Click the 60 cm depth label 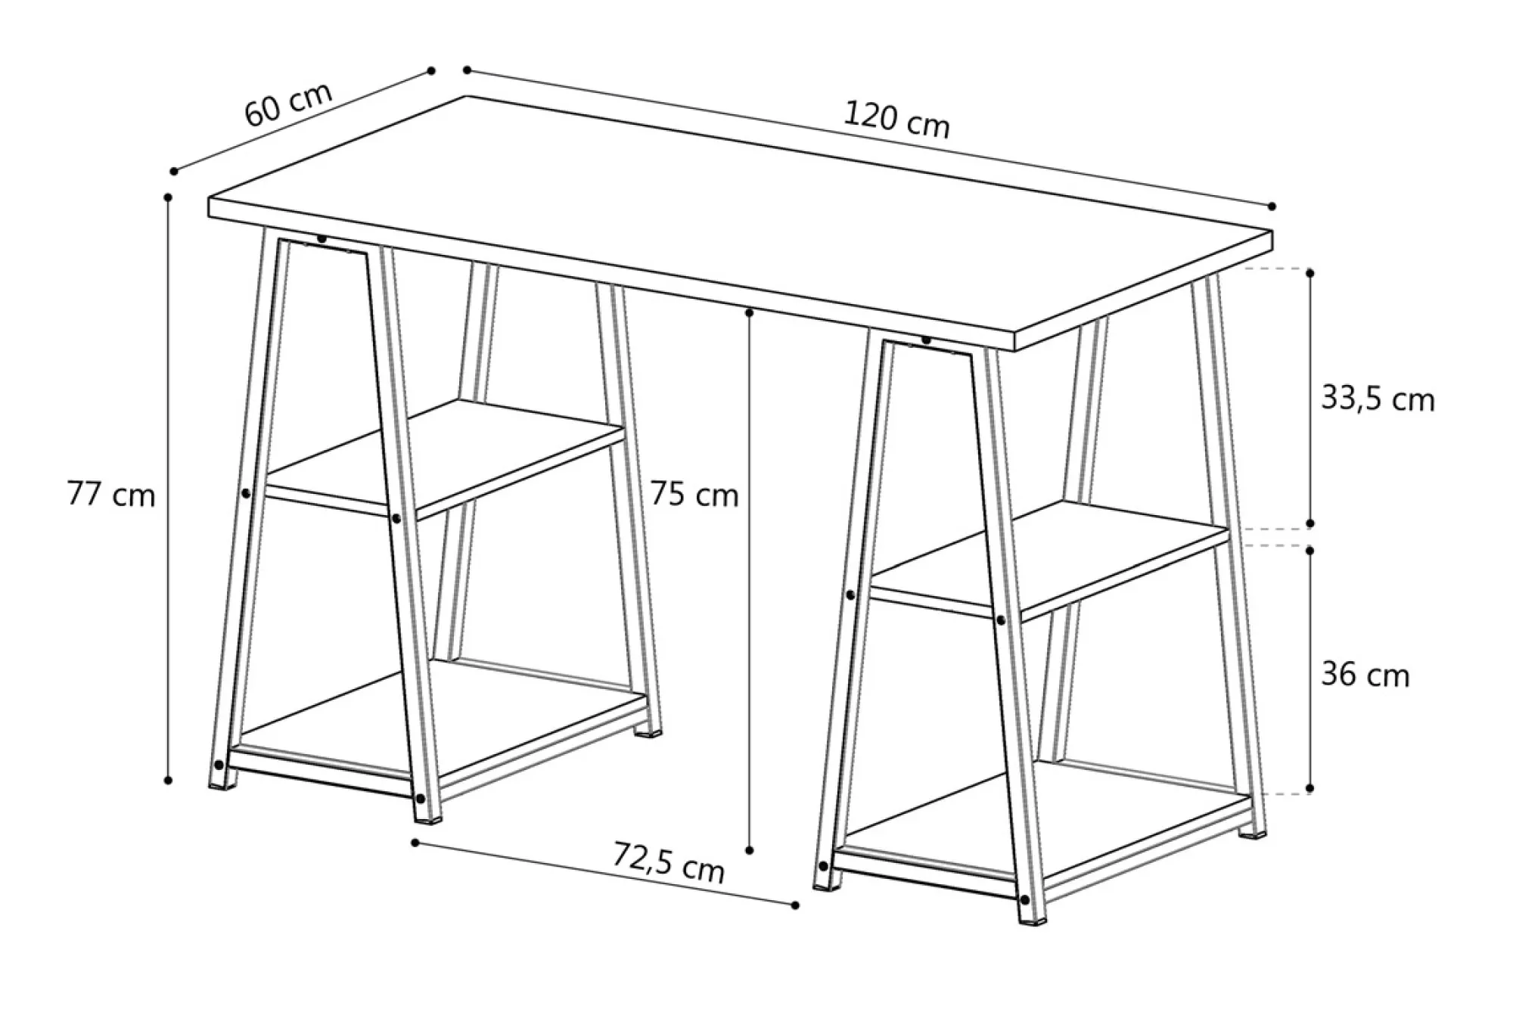[288, 103]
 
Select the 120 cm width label [896, 120]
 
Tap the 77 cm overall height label [111, 494]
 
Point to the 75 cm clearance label [694, 494]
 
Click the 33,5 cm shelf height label [1378, 399]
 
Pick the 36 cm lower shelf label [1365, 675]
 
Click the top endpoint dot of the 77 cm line [168, 197]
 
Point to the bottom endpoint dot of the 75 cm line [750, 850]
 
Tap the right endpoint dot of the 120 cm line [1272, 206]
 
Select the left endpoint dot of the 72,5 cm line [415, 842]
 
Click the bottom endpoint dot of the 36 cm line [1310, 788]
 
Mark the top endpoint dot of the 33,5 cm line [1310, 272]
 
